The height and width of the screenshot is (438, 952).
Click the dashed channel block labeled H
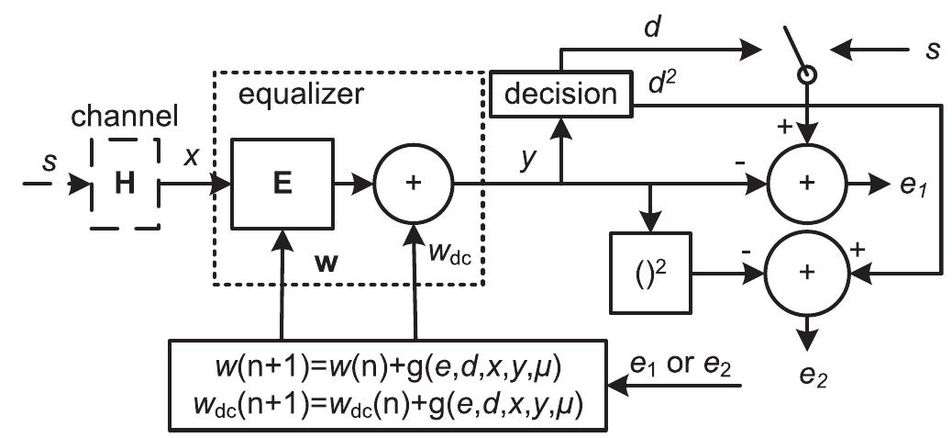click(x=124, y=185)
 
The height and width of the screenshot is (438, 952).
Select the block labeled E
click(x=282, y=184)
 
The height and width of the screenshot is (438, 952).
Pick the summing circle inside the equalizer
click(x=414, y=184)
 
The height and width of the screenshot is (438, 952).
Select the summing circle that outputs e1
click(x=806, y=184)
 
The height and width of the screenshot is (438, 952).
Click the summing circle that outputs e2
click(x=806, y=273)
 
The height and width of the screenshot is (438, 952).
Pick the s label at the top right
click(x=932, y=49)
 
